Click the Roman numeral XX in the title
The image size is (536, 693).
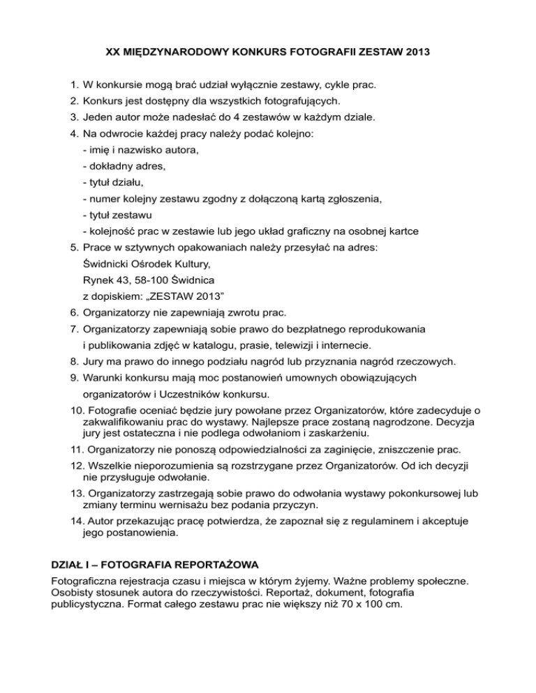tap(113, 52)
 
